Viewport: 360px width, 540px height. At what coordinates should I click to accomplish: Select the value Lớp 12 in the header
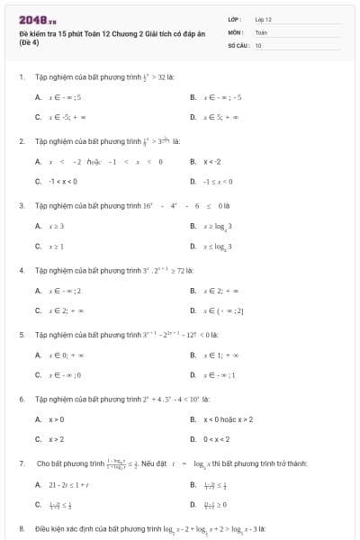tap(263, 19)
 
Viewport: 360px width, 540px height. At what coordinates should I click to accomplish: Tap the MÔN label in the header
tap(235, 31)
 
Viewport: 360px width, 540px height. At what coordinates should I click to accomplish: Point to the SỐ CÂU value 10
tap(258, 44)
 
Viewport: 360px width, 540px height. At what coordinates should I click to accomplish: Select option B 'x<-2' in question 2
tap(212, 161)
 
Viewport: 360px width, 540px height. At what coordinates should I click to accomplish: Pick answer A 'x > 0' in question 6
tap(56, 419)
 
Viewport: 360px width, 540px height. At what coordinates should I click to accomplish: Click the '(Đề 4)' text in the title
tap(27, 42)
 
